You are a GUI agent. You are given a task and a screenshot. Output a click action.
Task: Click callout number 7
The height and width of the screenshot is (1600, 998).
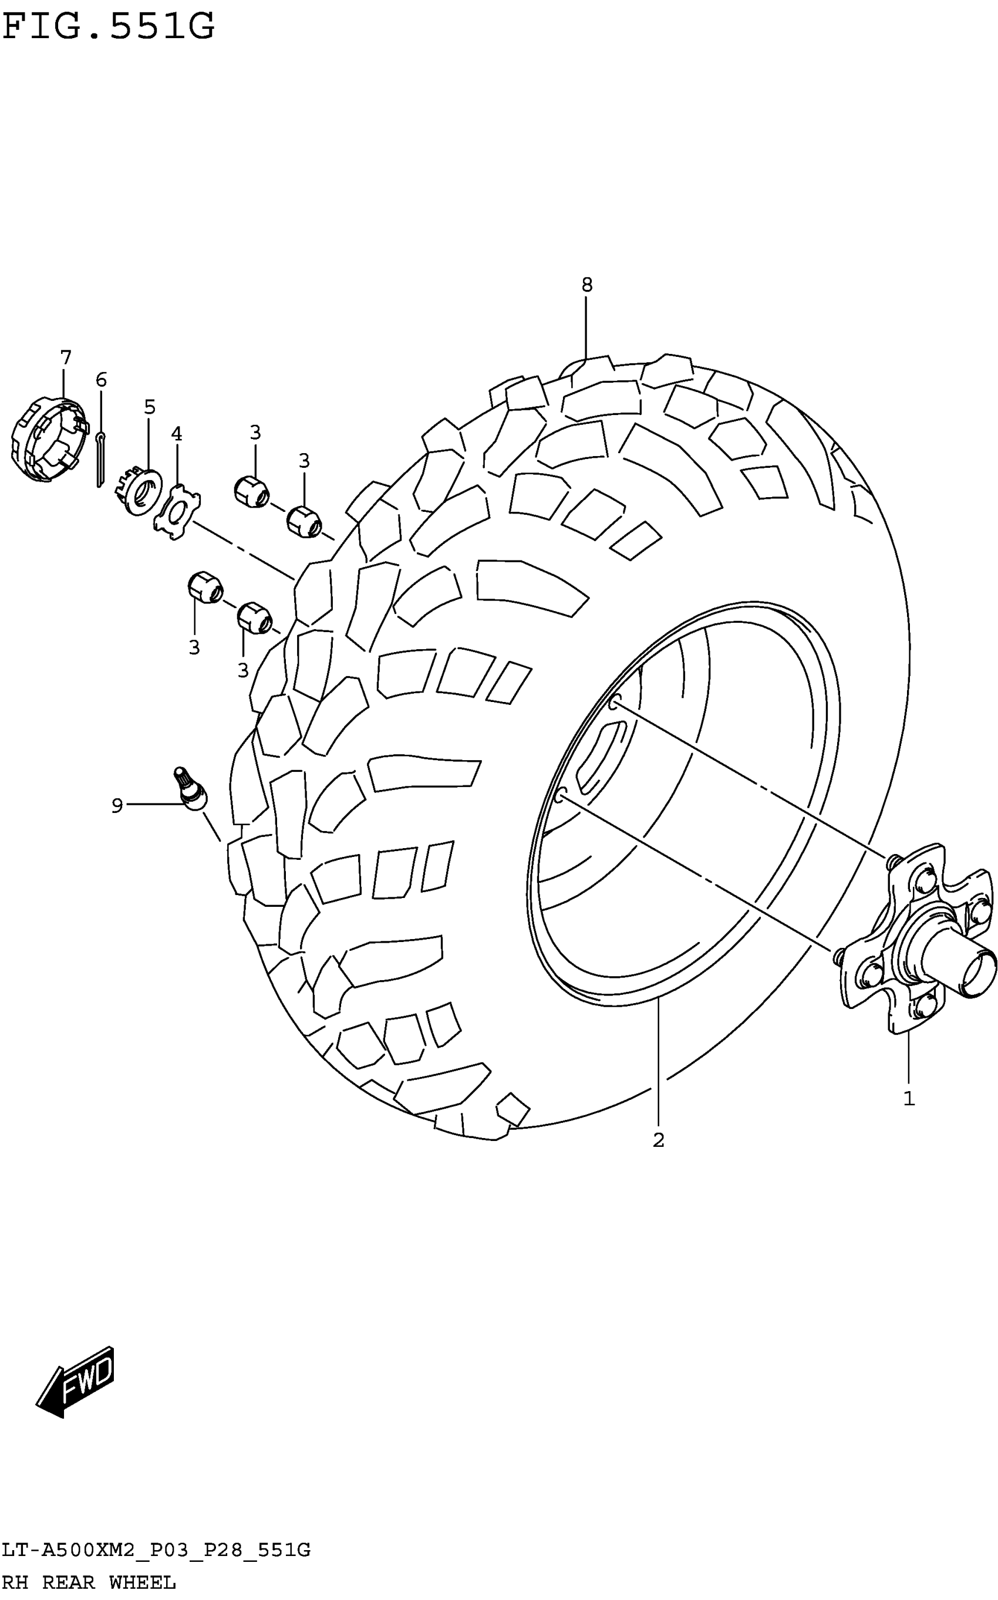(65, 358)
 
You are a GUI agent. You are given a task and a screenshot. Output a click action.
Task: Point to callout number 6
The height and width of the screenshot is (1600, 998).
(101, 380)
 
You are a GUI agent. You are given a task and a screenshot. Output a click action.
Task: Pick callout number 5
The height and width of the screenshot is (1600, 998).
(150, 408)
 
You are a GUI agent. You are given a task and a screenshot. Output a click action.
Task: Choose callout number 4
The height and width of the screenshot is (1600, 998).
(176, 434)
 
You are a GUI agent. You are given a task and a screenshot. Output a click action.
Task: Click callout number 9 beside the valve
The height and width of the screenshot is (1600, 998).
(117, 806)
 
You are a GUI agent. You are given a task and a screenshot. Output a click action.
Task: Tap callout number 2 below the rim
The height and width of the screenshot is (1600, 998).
(658, 1140)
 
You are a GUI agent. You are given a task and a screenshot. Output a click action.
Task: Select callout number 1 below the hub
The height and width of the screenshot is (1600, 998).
(909, 1099)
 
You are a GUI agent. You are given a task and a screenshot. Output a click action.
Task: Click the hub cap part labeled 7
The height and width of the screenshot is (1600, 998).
(49, 440)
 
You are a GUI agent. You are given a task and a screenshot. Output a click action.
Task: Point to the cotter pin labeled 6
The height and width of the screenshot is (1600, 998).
(100, 459)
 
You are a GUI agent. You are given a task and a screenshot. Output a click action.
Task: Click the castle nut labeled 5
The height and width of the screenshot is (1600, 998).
(143, 490)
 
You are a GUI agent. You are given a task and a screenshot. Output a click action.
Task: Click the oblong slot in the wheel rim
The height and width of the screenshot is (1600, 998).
(601, 757)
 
